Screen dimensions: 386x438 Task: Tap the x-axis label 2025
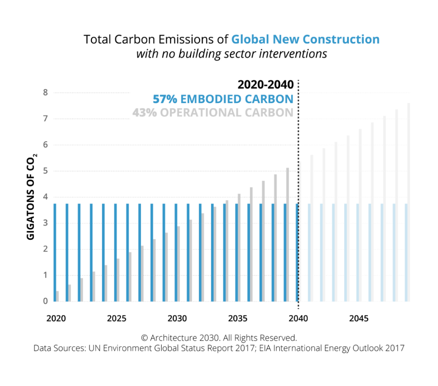pos(117,318)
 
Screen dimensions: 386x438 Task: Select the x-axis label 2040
pos(298,318)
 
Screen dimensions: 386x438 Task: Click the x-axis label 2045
pos(359,318)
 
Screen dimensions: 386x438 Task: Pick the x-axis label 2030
pos(177,318)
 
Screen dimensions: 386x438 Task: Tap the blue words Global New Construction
pos(305,39)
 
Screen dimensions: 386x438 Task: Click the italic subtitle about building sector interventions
pos(232,54)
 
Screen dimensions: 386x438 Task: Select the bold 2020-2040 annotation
pos(266,85)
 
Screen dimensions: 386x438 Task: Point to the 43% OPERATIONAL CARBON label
pos(213,113)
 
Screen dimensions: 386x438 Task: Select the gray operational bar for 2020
pos(57,296)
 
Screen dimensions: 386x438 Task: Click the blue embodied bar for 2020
pos(55,252)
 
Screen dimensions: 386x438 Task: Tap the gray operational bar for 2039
pos(288,235)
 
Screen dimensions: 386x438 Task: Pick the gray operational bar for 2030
pos(179,264)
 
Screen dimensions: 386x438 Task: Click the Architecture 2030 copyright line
pos(219,337)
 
